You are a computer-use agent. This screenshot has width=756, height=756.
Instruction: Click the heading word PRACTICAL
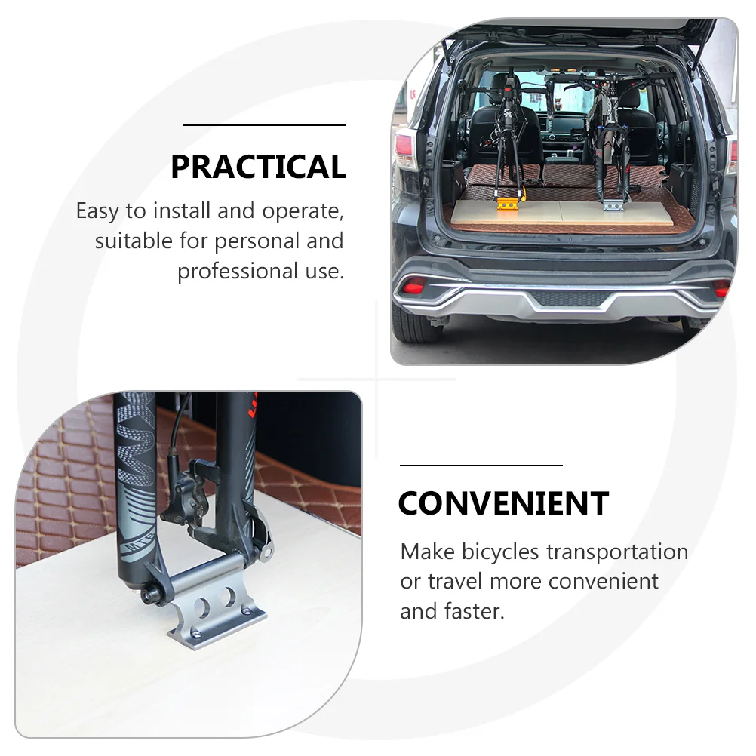point(259,167)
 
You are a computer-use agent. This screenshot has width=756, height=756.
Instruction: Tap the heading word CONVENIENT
point(503,503)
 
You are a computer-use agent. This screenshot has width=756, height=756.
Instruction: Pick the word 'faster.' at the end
point(475,611)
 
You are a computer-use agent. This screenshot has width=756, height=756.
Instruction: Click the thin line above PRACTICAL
point(265,125)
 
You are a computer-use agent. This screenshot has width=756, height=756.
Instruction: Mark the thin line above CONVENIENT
point(481,466)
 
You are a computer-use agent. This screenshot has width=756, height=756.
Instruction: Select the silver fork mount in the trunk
point(613,206)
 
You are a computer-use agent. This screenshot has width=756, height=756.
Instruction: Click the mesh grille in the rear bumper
point(569,299)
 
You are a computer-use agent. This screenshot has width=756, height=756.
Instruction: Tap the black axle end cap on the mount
point(149,596)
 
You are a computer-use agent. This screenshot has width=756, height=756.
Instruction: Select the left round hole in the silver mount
point(203,607)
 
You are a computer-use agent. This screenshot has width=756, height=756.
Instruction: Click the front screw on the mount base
point(196,633)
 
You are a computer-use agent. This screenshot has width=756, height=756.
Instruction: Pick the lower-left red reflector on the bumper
point(413,285)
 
